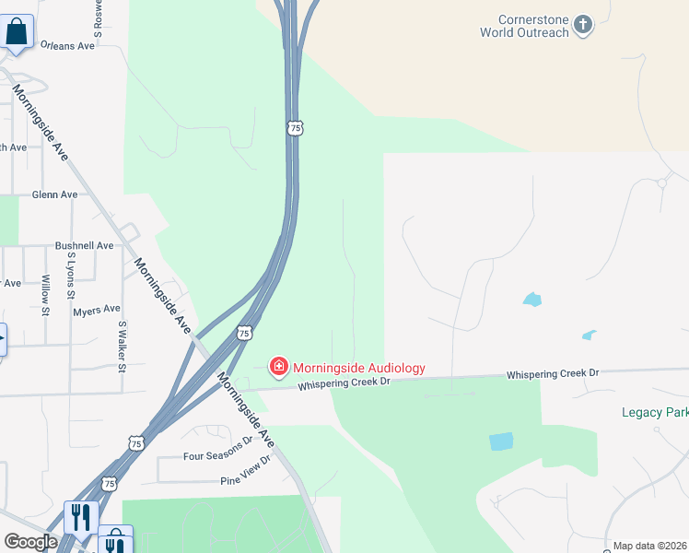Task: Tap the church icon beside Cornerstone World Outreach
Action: click(x=582, y=24)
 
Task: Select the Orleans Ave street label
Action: click(x=67, y=45)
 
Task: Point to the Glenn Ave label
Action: click(x=54, y=194)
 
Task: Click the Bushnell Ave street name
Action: click(x=84, y=246)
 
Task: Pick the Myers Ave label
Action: click(x=97, y=311)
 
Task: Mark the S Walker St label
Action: click(x=121, y=347)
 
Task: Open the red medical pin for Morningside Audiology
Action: click(x=277, y=368)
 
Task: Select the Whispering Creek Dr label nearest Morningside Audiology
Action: click(x=344, y=382)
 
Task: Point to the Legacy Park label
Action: click(x=655, y=412)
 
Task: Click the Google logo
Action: click(x=30, y=542)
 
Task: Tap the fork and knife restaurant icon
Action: click(x=81, y=518)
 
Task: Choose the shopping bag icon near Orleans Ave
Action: click(x=18, y=32)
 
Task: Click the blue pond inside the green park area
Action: click(x=501, y=441)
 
